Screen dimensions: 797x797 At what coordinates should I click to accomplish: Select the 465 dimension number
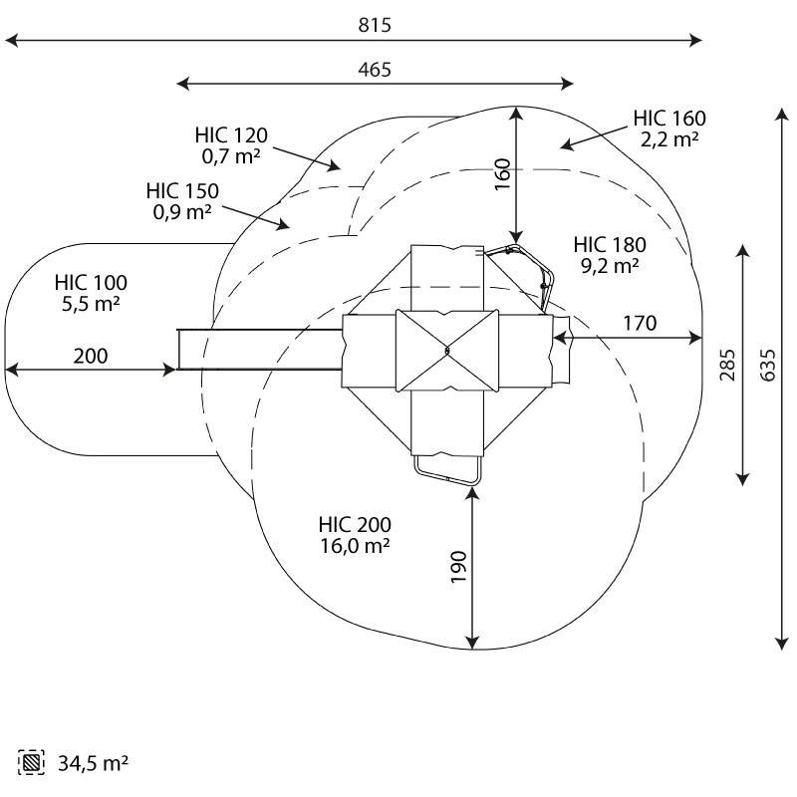point(375,70)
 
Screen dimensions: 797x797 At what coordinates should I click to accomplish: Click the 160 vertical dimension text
point(502,173)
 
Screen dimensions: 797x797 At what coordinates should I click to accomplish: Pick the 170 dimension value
point(640,323)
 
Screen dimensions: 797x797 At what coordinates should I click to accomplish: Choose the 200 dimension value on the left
point(90,356)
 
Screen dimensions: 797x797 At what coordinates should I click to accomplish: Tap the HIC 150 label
point(182,190)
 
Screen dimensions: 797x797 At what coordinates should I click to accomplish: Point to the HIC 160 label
point(668,120)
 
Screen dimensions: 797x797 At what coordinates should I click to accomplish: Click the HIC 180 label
point(610,245)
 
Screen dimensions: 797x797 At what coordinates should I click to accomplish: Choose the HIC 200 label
point(355,525)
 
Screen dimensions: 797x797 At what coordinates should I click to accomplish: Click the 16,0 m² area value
point(355,546)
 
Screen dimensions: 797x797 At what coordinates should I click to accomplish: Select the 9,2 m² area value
point(610,266)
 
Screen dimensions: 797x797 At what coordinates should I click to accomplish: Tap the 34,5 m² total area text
point(95,764)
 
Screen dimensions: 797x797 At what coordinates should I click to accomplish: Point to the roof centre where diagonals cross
point(447,351)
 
